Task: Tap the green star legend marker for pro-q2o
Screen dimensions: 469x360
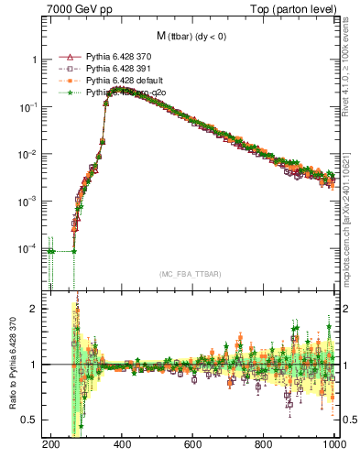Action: pos(65,93)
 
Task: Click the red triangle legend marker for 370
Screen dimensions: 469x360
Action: pos(65,57)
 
